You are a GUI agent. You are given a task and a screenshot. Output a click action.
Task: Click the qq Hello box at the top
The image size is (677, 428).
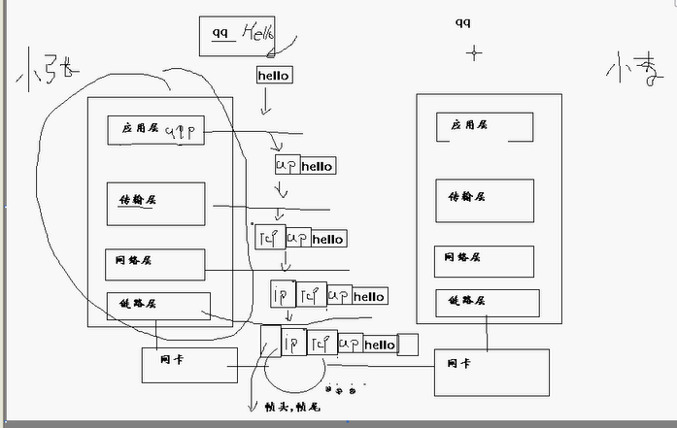tap(237, 34)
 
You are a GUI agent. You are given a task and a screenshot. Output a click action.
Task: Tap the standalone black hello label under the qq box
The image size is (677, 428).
tap(274, 75)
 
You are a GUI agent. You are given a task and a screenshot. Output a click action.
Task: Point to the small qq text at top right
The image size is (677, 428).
tap(463, 22)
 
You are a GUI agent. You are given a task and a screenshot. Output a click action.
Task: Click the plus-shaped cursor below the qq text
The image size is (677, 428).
tap(474, 52)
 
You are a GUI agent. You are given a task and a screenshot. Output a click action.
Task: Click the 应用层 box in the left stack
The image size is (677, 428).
tap(155, 130)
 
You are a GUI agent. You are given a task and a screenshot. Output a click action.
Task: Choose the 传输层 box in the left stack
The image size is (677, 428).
tap(155, 203)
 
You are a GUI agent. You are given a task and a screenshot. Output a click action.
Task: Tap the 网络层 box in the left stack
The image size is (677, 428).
tap(155, 262)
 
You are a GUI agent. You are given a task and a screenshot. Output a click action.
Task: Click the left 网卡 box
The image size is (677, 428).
tap(189, 364)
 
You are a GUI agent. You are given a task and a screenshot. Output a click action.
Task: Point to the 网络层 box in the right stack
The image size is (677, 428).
tap(484, 261)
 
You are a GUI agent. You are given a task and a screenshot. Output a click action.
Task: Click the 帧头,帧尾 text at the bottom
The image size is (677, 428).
tap(291, 408)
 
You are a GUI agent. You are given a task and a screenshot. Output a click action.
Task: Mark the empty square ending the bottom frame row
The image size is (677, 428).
tap(408, 344)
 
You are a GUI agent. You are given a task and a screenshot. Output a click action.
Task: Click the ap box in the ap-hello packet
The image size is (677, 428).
tap(288, 165)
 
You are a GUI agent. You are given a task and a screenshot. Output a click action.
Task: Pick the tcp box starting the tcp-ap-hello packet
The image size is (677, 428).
tap(268, 237)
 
